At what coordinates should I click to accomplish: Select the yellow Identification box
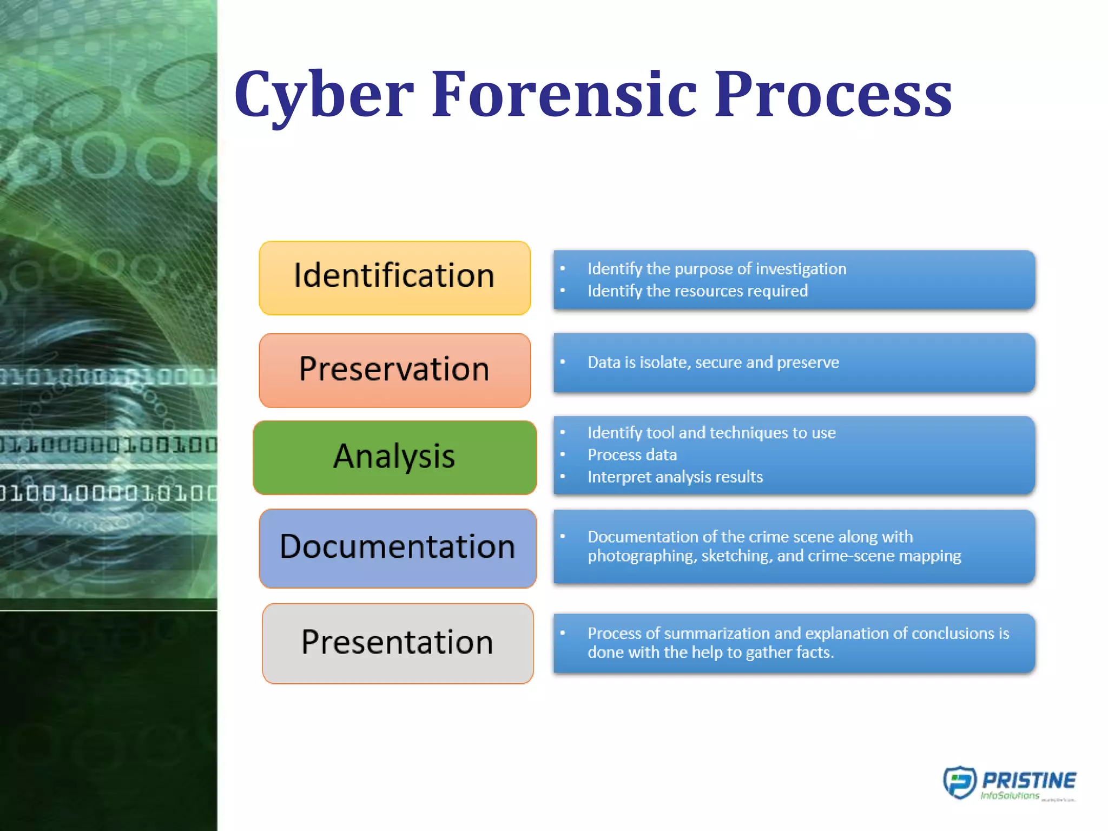[x=394, y=278]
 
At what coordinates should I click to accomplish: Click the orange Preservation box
[x=394, y=370]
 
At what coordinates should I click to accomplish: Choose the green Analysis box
[x=394, y=457]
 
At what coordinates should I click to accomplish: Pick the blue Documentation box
[x=398, y=548]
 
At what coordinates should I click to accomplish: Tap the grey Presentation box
[x=398, y=643]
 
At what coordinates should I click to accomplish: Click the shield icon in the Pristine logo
[x=959, y=782]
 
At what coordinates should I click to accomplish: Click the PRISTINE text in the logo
[x=1029, y=780]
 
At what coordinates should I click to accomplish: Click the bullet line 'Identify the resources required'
[x=697, y=291]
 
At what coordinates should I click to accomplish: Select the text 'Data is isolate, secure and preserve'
[x=713, y=362]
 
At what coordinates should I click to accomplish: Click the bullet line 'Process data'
[x=632, y=455]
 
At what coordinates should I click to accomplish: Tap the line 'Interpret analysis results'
[x=675, y=477]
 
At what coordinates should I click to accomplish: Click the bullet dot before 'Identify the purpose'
[x=563, y=268]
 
